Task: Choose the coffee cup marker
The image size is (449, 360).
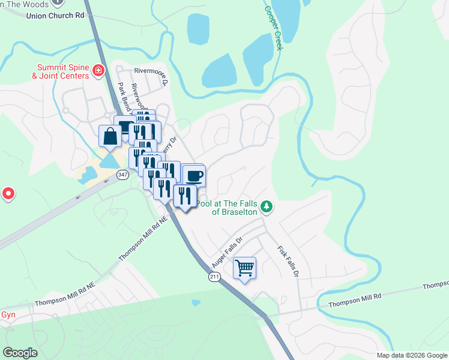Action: pos(194,176)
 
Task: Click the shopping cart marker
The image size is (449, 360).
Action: pos(244,268)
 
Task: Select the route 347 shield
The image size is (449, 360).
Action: pos(122,175)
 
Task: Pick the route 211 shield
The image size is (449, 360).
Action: pos(214,277)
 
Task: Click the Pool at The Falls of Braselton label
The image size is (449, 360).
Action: pos(228,208)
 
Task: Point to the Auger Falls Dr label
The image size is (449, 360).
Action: pos(227,252)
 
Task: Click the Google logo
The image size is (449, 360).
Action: pos(20,353)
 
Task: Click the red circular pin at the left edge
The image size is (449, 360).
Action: pos(8,194)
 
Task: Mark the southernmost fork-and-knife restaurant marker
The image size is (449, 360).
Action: pos(185,196)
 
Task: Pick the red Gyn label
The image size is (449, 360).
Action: pos(7,314)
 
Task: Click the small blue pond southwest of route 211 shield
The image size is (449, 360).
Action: pos(196,303)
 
